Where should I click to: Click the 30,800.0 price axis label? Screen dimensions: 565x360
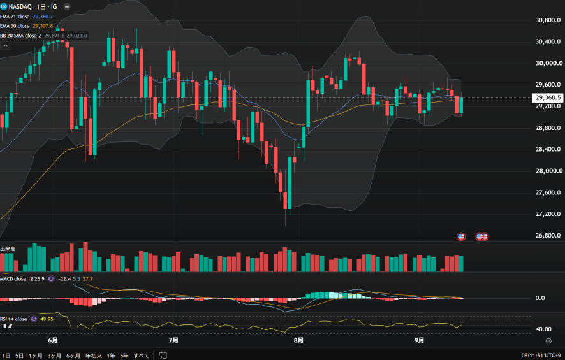[x=548, y=20]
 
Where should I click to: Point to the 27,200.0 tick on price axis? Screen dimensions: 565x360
[x=548, y=214]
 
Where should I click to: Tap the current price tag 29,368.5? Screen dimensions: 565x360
[x=548, y=97]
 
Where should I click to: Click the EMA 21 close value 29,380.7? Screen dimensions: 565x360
[x=43, y=17]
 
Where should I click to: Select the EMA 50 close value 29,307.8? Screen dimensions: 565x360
[x=43, y=26]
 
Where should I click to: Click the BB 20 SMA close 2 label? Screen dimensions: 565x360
[x=20, y=36]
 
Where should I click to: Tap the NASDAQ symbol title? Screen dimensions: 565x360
[x=20, y=7]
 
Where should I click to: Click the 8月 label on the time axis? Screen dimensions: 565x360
[x=298, y=340]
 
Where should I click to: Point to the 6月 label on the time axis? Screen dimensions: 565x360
[x=53, y=340]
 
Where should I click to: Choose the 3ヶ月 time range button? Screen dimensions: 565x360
[x=54, y=356]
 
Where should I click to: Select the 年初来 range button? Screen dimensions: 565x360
[x=94, y=356]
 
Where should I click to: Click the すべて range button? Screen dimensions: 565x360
[x=142, y=356]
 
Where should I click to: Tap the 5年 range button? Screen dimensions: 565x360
[x=124, y=356]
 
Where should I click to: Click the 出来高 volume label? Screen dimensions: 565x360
[x=8, y=248]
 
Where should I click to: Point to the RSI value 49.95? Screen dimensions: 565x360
[x=47, y=319]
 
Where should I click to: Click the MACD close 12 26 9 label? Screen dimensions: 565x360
[x=22, y=279]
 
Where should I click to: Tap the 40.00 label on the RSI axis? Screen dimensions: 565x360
[x=543, y=329]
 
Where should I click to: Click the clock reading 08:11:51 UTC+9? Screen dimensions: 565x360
[x=541, y=356]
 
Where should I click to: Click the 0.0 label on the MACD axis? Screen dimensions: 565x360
[x=540, y=298]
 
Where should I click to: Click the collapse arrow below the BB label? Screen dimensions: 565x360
[x=5, y=45]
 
